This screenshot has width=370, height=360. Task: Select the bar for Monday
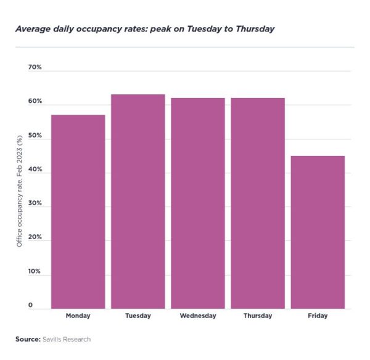78,211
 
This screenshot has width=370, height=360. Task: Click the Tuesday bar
138,201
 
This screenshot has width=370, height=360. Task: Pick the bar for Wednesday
198,203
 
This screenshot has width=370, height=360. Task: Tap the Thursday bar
258,203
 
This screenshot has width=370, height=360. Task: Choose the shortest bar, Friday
318,232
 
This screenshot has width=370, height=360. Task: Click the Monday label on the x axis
78,316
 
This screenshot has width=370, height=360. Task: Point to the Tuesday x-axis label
138,316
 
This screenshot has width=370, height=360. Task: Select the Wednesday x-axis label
198,316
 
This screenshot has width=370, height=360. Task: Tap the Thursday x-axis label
258,316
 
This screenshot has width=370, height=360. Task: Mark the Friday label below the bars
318,316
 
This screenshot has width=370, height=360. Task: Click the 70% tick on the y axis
35,67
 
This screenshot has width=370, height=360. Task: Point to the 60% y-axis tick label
35,101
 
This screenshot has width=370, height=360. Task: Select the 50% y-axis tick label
35,135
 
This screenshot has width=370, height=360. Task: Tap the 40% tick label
35,170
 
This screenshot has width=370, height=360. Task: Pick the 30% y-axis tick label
35,203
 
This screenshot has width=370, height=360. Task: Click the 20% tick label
35,237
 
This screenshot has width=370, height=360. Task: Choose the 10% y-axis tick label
35,271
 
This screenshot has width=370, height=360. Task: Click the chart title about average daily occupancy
144,29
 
